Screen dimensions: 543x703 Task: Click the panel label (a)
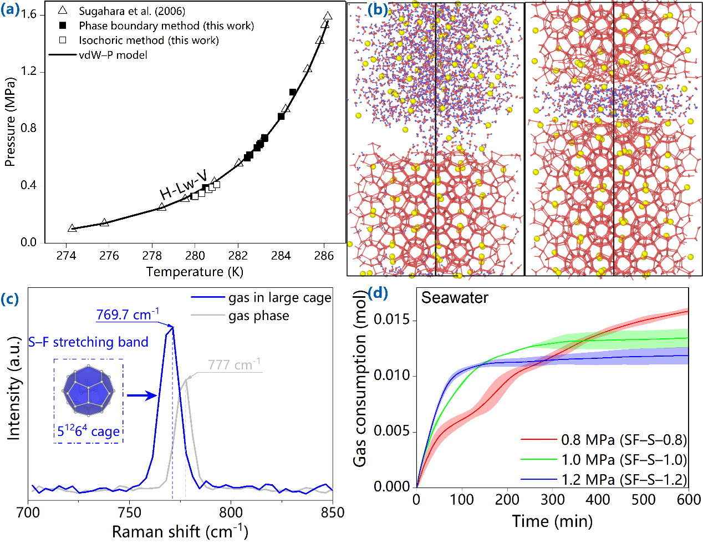[x=11, y=10]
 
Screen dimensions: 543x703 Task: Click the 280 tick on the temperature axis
[x=195, y=255]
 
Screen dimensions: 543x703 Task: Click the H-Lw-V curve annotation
[x=184, y=185]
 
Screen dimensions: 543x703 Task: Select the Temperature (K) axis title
[x=195, y=272]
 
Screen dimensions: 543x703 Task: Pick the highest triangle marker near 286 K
[x=328, y=17]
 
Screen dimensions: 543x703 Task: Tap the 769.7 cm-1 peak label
[x=128, y=314]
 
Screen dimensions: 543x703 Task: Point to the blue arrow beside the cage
[x=141, y=395]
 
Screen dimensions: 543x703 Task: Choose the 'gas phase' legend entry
[x=258, y=316]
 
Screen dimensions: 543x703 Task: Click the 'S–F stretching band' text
[x=89, y=342]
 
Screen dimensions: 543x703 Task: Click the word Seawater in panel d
[x=455, y=298]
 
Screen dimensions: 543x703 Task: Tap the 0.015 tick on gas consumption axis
[x=391, y=320]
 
